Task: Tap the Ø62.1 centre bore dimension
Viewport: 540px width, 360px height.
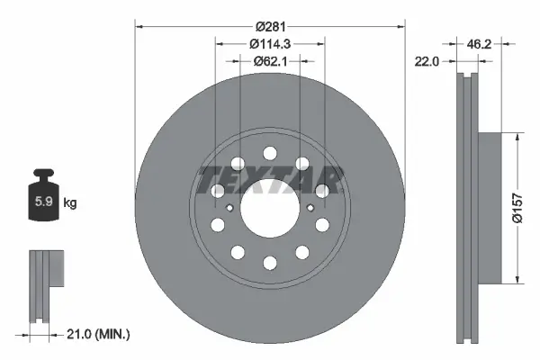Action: pyautogui.click(x=270, y=61)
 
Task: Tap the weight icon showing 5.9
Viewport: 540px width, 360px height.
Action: pyautogui.click(x=43, y=200)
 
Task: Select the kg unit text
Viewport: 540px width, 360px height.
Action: pyautogui.click(x=70, y=203)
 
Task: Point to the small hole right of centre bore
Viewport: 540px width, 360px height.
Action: pyautogui.click(x=310, y=208)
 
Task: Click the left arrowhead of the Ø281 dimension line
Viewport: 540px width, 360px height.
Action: pyautogui.click(x=139, y=25)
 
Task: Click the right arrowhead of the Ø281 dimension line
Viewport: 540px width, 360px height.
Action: pyautogui.click(x=400, y=25)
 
